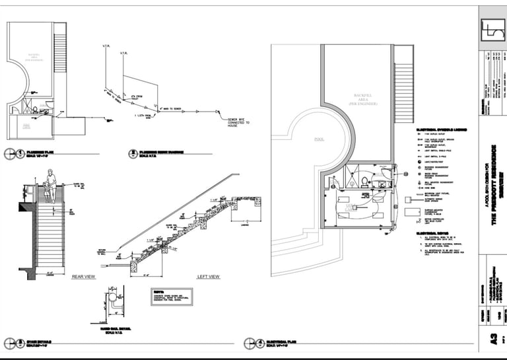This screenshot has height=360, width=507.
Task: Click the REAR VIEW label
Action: [x=85, y=276]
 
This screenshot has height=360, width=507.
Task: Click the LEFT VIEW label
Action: [x=208, y=276]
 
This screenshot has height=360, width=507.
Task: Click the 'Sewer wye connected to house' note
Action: [x=237, y=121]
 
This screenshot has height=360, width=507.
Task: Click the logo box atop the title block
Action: [x=492, y=29]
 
